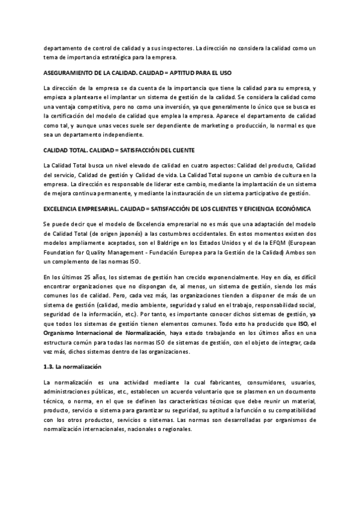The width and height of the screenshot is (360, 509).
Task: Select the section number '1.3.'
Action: point(50,367)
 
